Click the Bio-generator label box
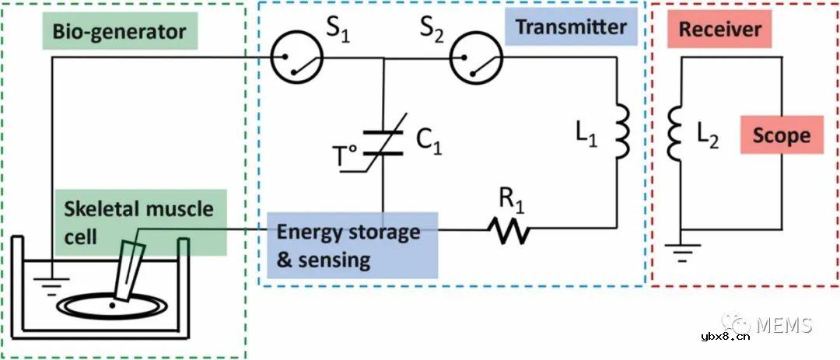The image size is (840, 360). pos(119,32)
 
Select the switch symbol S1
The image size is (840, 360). pos(292,58)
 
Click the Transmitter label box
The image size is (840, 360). pos(571,27)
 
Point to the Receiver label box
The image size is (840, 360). pos(720,30)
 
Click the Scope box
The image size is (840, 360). pos(781,136)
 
